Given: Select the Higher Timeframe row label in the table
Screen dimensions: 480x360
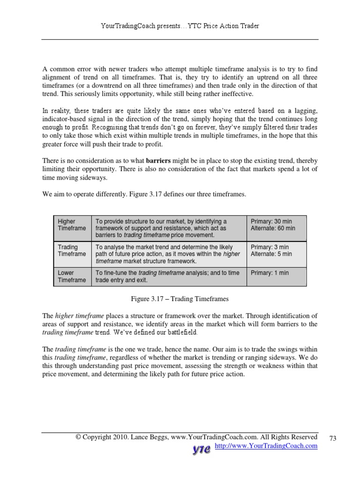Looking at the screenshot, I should pyautogui.click(x=72, y=225).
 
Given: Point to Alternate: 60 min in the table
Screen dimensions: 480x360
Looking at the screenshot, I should pyautogui.click(x=273, y=228).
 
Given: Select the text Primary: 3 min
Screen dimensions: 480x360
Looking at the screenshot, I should pyautogui.click(x=270, y=247).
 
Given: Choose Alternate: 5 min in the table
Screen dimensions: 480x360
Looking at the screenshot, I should pyautogui.click(x=271, y=254).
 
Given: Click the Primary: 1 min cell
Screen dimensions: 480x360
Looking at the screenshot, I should pyautogui.click(x=270, y=273).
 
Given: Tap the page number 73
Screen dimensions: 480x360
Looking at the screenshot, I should pyautogui.click(x=333, y=438).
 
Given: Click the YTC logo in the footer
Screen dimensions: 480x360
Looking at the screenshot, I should pyautogui.click(x=202, y=449).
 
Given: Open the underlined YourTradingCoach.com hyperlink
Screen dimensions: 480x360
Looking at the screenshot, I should pyautogui.click(x=266, y=446).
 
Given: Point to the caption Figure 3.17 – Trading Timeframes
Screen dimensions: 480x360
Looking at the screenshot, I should pyautogui.click(x=180, y=298).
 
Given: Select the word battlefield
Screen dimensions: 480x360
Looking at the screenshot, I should pyautogui.click(x=180, y=332).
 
